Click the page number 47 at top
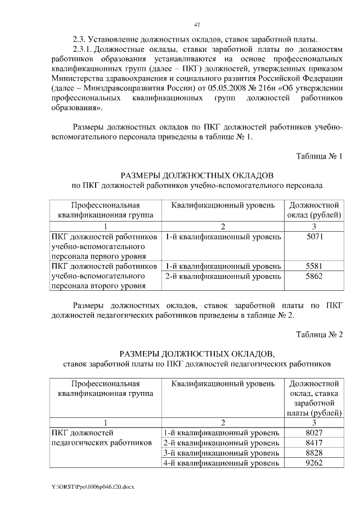pos(196,25)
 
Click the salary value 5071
pos(314,237)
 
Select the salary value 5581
pos(314,265)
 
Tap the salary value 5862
pos(314,276)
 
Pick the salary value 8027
pos(314,433)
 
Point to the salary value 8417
pos(314,443)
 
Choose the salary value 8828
pos(314,453)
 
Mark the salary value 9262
pos(314,463)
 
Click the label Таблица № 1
pos(319,156)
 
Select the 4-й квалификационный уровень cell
pos(221,463)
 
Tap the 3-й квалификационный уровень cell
pos(221,453)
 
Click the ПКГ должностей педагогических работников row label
pos(101,438)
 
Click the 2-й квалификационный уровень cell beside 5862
pos(223,276)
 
